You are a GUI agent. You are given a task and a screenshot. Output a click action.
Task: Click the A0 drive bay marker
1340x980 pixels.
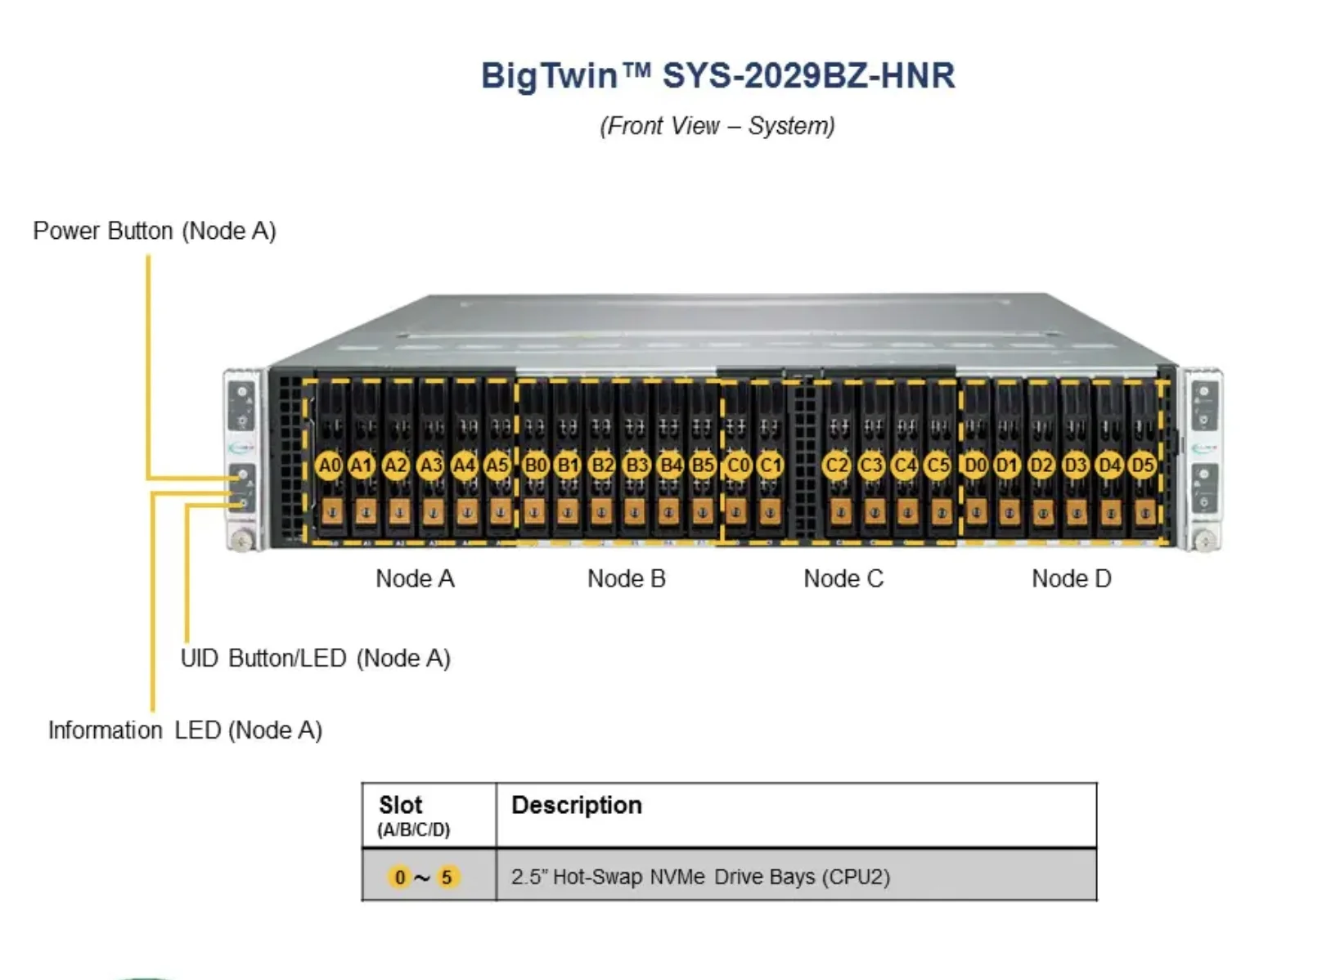point(329,465)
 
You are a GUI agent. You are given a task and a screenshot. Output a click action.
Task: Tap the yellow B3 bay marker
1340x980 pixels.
point(636,465)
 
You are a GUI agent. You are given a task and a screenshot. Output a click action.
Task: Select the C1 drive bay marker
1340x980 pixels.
point(770,465)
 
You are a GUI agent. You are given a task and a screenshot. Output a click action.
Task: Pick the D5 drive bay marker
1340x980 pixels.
point(1142,465)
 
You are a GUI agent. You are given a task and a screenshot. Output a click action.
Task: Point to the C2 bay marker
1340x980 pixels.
point(836,465)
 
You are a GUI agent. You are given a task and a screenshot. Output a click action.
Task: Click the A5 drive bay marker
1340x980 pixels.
point(497,465)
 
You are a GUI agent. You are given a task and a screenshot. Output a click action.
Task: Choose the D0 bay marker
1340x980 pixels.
point(974,465)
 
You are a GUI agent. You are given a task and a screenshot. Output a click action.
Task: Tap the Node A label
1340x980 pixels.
point(415,578)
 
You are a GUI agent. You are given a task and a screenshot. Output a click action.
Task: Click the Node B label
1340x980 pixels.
point(627,578)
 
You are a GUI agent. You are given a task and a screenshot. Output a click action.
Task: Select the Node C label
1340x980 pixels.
point(843,578)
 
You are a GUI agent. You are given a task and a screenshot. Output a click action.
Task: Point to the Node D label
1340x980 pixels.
point(1072,578)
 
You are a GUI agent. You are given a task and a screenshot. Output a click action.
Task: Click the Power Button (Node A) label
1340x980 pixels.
point(155,231)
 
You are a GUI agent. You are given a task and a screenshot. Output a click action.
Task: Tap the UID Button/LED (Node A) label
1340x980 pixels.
point(315,658)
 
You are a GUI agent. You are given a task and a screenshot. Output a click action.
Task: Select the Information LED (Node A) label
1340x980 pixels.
point(185,730)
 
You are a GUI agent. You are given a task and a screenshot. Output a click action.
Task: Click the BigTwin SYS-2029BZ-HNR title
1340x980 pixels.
point(717,75)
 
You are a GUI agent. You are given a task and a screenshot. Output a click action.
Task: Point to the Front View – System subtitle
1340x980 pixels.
point(717,126)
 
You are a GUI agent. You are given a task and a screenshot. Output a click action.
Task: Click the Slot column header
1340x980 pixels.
point(401,806)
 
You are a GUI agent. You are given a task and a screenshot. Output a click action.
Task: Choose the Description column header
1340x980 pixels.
point(577,805)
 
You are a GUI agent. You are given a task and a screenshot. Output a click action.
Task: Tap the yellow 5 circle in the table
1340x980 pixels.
point(447,877)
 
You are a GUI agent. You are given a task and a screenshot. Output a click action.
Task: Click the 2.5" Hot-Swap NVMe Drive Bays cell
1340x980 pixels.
point(700,877)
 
